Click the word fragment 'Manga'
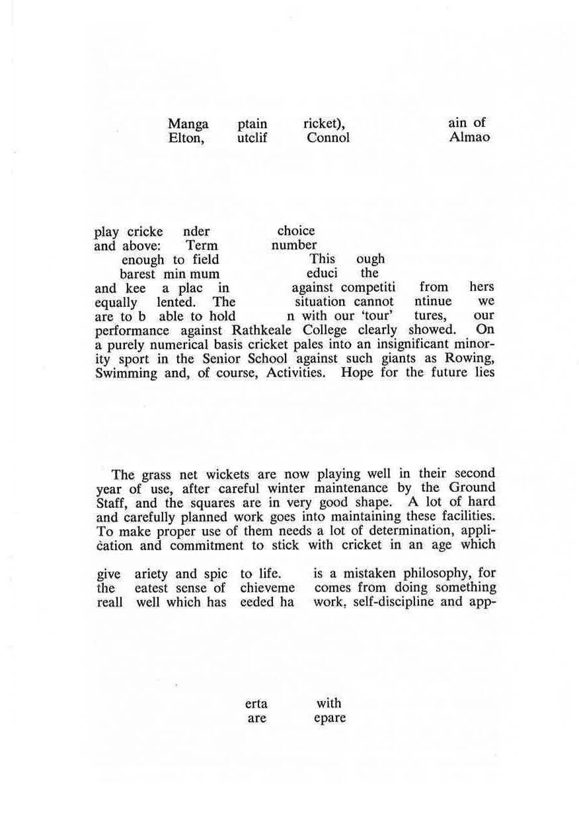[x=188, y=124]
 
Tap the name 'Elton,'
[x=186, y=138]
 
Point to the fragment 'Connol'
[x=328, y=138]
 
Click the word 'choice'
[x=296, y=231]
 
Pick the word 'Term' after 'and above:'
[x=202, y=246]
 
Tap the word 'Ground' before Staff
[x=472, y=489]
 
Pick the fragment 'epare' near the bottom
[x=330, y=718]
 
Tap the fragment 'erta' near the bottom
[x=256, y=704]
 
